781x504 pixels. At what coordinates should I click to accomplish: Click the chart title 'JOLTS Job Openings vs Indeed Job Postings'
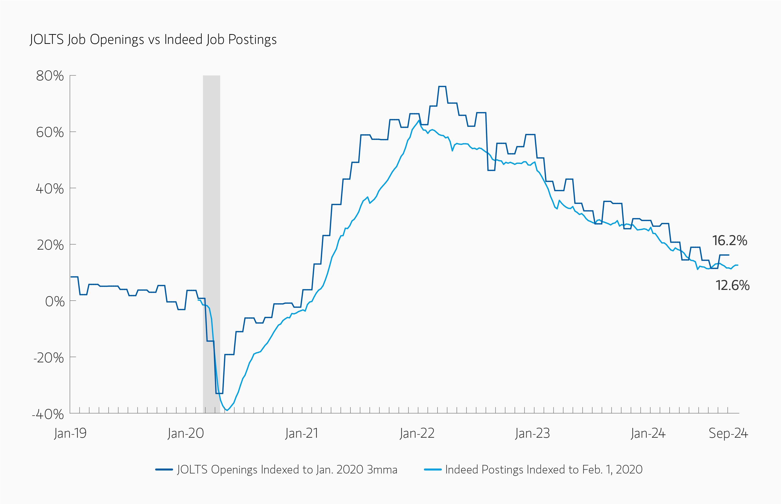[x=153, y=40]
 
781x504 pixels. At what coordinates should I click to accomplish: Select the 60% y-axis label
[x=50, y=132]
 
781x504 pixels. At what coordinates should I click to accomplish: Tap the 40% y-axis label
[x=50, y=189]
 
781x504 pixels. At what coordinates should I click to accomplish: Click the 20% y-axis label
[x=50, y=245]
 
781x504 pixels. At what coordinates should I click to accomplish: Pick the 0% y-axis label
[x=54, y=301]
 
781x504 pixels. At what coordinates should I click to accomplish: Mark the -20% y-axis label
[x=48, y=358]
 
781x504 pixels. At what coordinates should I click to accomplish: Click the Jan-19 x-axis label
[x=70, y=433]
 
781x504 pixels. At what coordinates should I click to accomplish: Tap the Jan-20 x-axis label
[x=186, y=433]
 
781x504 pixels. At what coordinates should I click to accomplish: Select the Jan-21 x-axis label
[x=301, y=433]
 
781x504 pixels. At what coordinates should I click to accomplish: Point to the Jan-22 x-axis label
[x=417, y=433]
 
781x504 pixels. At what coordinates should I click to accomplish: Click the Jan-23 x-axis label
[x=532, y=433]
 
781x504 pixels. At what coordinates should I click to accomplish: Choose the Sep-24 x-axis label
[x=728, y=433]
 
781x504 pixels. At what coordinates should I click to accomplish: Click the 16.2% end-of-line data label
[x=729, y=241]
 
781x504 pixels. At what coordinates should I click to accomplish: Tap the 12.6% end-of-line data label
[x=732, y=285]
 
